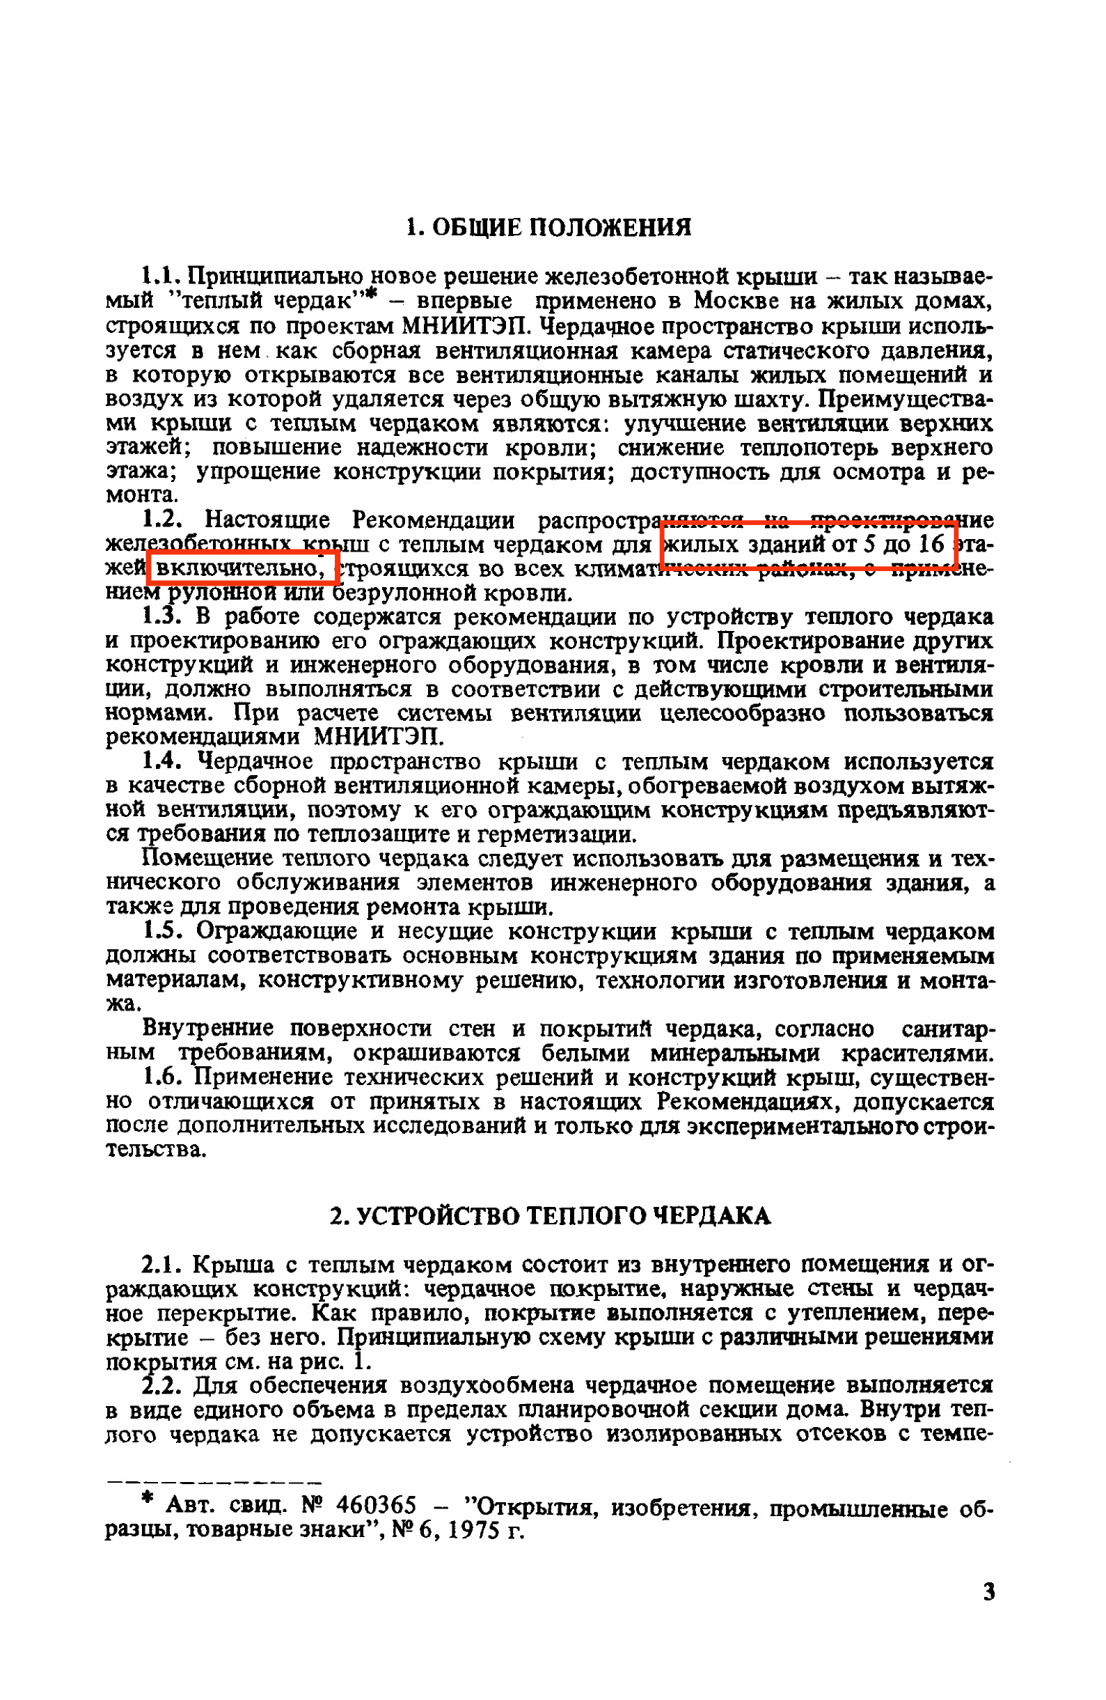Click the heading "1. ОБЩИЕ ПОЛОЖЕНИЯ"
click(548, 228)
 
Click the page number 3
click(989, 1592)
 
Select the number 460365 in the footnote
click(376, 1505)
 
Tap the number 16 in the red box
click(931, 545)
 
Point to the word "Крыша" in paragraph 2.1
click(234, 1265)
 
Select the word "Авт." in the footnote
click(187, 1506)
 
